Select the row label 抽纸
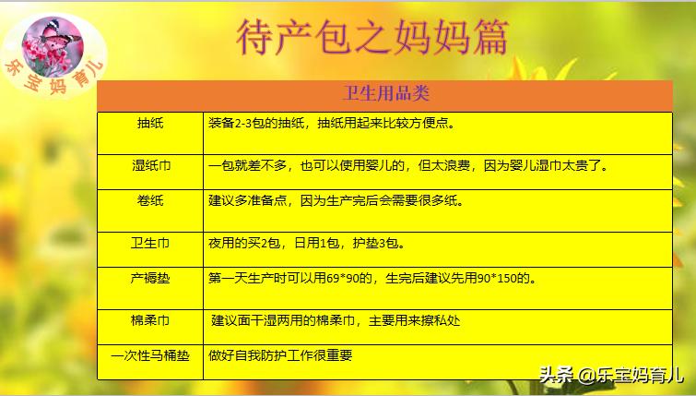click(x=150, y=123)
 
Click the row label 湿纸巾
click(x=150, y=166)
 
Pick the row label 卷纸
click(x=150, y=200)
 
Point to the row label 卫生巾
click(x=150, y=244)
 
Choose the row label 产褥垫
click(x=150, y=277)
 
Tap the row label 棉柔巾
click(x=150, y=320)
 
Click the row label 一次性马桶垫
click(x=150, y=354)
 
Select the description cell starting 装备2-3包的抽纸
click(x=331, y=123)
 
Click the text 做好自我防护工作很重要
click(x=281, y=354)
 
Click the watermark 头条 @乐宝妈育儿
click(x=610, y=375)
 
